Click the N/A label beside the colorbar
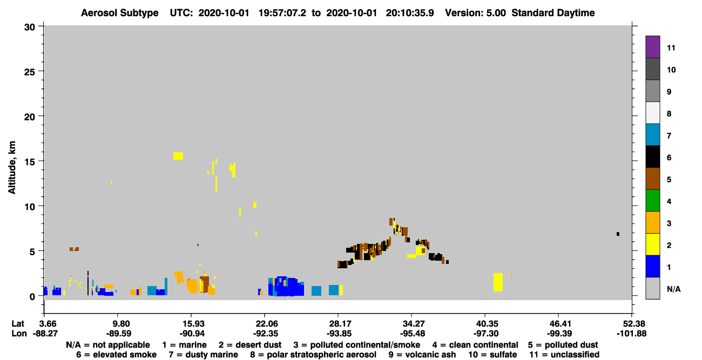(673, 289)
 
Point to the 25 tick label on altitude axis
(30, 72)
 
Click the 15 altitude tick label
(30, 161)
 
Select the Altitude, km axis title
(11, 168)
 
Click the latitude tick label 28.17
(339, 323)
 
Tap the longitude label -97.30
(487, 334)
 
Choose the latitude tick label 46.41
(559, 323)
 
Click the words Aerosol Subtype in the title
(120, 13)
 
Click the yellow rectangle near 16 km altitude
(178, 156)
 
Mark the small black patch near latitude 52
(618, 234)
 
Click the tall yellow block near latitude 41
(498, 282)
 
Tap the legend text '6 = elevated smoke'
(116, 355)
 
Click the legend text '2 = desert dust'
(250, 345)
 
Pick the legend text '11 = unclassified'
(564, 355)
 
